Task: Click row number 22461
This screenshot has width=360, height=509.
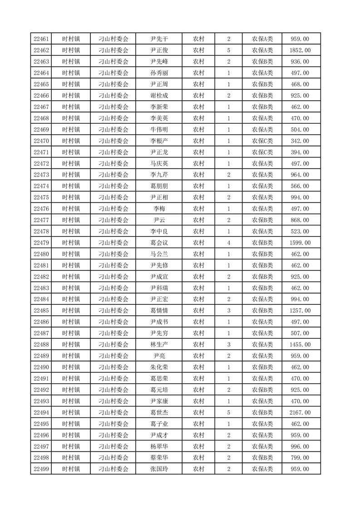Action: (x=41, y=39)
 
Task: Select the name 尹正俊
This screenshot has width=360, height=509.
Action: (x=159, y=50)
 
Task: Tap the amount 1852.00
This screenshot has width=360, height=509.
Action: (x=301, y=50)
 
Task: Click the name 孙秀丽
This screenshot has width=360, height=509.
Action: (x=159, y=73)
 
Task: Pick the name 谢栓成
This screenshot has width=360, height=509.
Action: (x=159, y=96)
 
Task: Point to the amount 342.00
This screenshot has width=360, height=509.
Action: (x=301, y=141)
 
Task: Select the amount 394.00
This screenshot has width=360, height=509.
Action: (x=301, y=152)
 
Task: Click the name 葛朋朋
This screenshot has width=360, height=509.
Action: (x=159, y=186)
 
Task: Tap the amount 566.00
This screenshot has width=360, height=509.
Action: (x=301, y=186)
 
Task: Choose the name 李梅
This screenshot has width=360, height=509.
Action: (x=159, y=209)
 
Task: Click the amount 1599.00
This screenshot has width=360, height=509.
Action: (x=301, y=243)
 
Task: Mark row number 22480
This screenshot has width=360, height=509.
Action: (x=41, y=254)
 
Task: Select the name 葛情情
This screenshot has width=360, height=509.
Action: (x=159, y=311)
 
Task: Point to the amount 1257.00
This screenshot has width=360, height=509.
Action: (x=301, y=311)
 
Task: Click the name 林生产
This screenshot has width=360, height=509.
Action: (x=159, y=345)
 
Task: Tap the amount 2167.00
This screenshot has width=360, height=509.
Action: (x=301, y=412)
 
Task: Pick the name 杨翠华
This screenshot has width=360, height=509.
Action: (x=159, y=446)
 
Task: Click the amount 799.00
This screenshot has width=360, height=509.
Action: (x=301, y=458)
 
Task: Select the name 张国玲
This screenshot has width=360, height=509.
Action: (x=159, y=469)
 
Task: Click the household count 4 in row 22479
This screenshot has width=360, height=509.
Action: (x=228, y=243)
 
